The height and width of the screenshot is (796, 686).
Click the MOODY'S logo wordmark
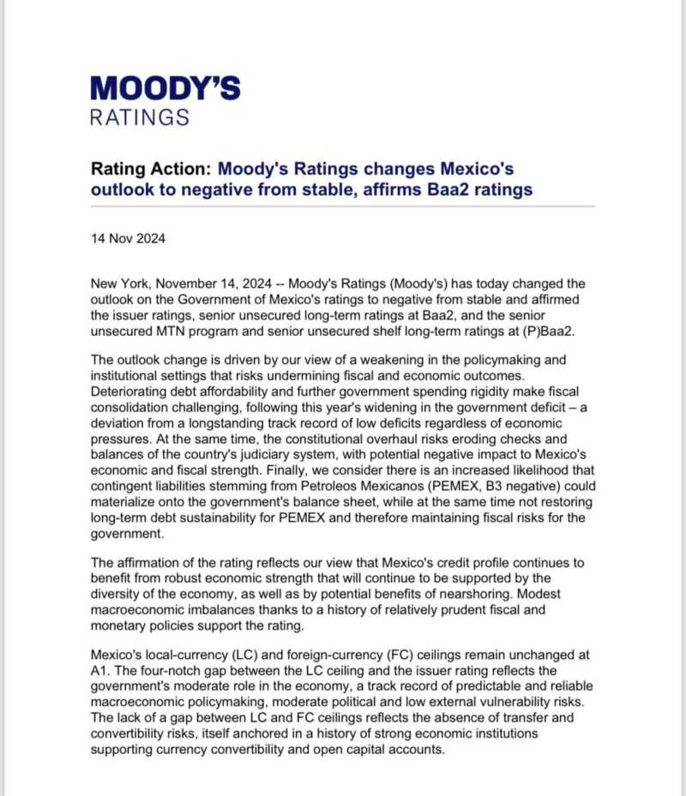[165, 87]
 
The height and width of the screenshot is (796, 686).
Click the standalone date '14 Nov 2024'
[128, 238]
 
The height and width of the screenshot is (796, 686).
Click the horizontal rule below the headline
[342, 206]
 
